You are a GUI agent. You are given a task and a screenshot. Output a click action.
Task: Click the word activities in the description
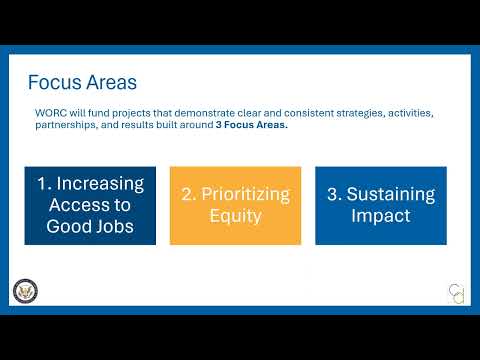pyautogui.click(x=411, y=113)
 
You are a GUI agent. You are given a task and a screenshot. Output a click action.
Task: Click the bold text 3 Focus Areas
pyautogui.click(x=252, y=125)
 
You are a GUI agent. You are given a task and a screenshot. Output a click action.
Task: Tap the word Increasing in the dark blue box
pyautogui.click(x=100, y=184)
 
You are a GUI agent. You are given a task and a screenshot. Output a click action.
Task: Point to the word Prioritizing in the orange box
pyautogui.click(x=246, y=195)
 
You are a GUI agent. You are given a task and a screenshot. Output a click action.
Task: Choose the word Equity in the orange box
pyautogui.click(x=235, y=217)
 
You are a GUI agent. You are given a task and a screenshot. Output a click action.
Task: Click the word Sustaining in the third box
pyautogui.click(x=391, y=195)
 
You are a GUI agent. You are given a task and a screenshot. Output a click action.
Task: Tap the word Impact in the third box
pyautogui.click(x=381, y=216)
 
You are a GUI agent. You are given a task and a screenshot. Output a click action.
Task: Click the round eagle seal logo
pyautogui.click(x=25, y=291)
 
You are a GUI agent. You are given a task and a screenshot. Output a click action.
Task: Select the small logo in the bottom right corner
pyautogui.click(x=457, y=294)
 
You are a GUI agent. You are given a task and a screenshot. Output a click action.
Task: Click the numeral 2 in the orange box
pyautogui.click(x=188, y=194)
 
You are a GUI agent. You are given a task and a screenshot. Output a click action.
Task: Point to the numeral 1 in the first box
pyautogui.click(x=43, y=184)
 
